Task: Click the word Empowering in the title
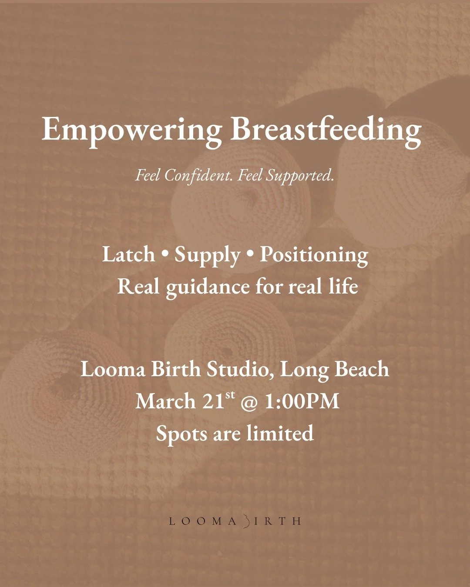(x=131, y=130)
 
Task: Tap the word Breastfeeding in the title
(x=326, y=130)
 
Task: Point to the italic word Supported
(x=300, y=175)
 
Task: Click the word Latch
(x=128, y=254)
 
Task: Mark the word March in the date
(x=165, y=401)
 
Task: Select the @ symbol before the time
(x=249, y=401)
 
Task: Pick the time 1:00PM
(x=302, y=401)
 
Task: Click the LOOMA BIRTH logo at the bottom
(x=235, y=521)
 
